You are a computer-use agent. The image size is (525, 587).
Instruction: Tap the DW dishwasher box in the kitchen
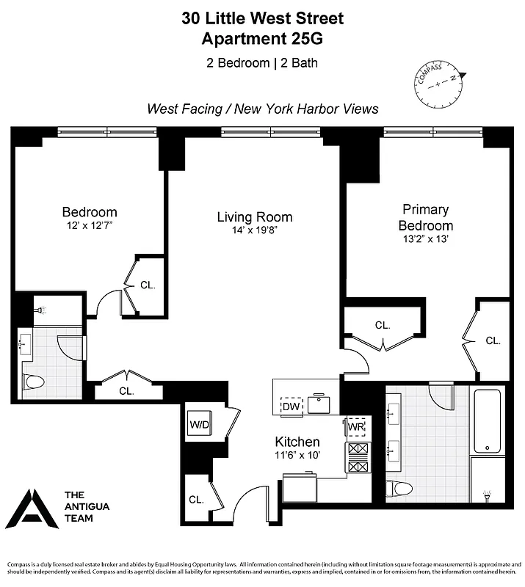(x=292, y=406)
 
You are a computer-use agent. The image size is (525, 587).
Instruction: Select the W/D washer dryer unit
(x=199, y=423)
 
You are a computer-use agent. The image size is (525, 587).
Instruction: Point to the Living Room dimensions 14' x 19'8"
(x=254, y=230)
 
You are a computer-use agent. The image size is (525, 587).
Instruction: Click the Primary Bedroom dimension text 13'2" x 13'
(x=426, y=238)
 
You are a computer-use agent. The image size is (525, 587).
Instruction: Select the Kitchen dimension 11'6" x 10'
(x=297, y=456)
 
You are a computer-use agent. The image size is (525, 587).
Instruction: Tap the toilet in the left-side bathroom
(x=34, y=382)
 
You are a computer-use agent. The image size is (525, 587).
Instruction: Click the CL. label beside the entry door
(x=195, y=499)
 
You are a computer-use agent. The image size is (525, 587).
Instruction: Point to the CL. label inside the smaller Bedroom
(x=147, y=285)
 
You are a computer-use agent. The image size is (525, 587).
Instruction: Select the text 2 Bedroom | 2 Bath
(x=262, y=62)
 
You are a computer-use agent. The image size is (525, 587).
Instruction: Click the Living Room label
(x=254, y=217)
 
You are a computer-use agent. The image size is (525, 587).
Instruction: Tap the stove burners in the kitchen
(x=358, y=456)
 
